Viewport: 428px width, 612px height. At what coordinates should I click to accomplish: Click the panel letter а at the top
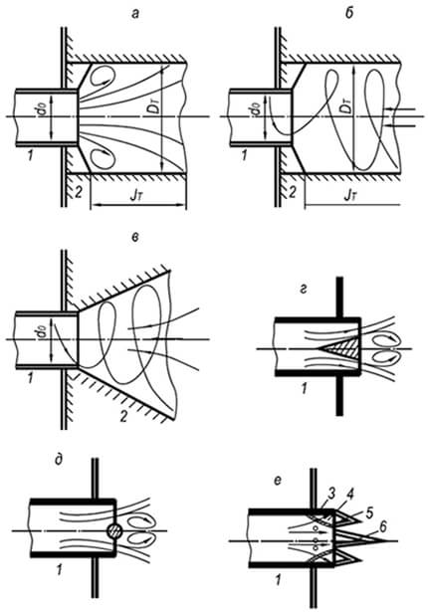click(135, 15)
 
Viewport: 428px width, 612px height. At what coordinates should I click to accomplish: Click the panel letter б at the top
click(349, 13)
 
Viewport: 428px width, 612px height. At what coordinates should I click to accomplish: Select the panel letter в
click(135, 238)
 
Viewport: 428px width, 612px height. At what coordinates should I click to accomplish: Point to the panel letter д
click(59, 460)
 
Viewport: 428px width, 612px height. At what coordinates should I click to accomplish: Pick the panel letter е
click(278, 481)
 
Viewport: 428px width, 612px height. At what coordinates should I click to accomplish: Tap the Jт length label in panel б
click(350, 195)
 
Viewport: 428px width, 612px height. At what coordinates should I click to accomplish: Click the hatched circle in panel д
click(114, 530)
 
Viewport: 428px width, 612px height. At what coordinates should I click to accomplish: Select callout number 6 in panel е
click(383, 527)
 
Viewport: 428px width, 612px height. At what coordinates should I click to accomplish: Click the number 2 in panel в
click(123, 417)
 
